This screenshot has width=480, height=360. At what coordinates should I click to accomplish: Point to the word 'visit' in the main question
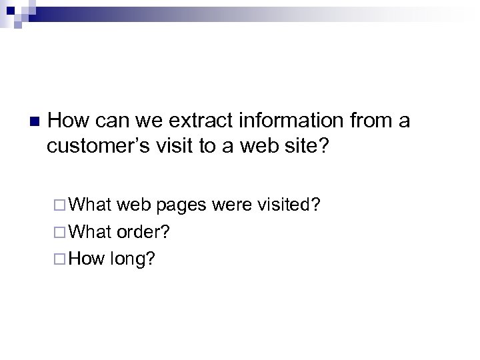(175, 146)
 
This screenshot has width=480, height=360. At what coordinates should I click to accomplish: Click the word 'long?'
(131, 257)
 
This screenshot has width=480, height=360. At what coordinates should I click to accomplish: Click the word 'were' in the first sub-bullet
(231, 205)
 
